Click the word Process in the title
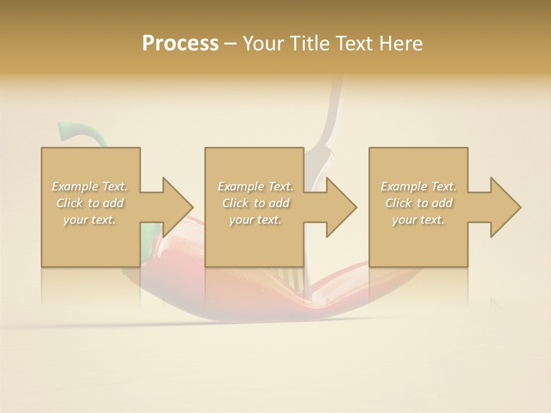(180, 44)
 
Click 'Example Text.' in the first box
(90, 186)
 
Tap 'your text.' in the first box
(90, 220)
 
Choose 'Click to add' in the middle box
(255, 203)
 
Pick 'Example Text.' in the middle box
(255, 186)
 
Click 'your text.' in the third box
(418, 220)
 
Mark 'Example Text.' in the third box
(418, 186)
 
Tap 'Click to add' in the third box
(418, 203)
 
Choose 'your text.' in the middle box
(255, 220)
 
